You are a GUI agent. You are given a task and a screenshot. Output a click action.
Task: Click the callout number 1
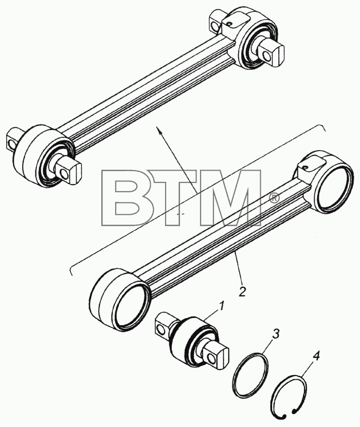click(x=222, y=306)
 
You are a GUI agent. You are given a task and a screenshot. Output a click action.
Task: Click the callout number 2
click(x=242, y=291)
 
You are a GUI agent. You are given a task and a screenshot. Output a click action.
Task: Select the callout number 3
click(x=275, y=334)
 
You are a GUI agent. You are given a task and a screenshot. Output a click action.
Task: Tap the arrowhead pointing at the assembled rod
click(x=157, y=130)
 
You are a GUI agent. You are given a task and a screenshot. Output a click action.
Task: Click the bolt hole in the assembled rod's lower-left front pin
click(x=65, y=173)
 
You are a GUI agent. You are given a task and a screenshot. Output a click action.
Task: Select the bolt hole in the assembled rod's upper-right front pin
click(x=268, y=57)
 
